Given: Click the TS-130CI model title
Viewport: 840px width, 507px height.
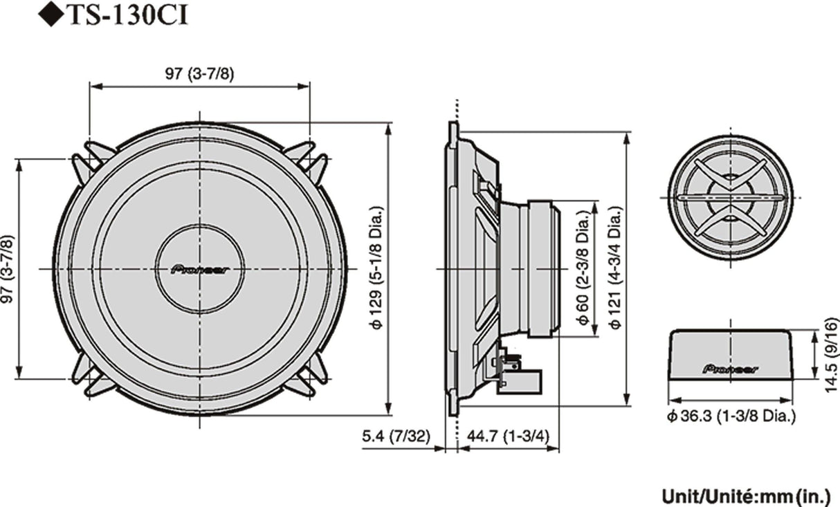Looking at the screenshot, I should point(117,15).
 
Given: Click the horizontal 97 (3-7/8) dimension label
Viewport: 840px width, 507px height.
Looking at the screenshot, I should point(199,74).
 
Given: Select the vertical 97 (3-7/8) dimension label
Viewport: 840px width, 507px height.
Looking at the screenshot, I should point(8,269).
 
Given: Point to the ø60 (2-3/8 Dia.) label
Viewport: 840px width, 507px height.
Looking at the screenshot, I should point(583,268).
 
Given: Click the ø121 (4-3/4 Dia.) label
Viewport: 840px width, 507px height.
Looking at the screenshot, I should point(614,268).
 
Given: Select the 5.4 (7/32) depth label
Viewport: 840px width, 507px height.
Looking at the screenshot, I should point(396,436).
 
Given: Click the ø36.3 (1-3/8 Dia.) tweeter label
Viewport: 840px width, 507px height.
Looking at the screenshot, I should point(731,416).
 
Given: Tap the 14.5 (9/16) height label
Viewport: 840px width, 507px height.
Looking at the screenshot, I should point(832,355).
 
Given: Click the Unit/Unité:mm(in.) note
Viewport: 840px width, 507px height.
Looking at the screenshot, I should point(746,496).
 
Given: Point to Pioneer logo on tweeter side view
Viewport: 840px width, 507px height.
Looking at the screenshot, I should point(731,369).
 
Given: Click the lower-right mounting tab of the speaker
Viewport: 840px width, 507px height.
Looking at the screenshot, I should point(311,377).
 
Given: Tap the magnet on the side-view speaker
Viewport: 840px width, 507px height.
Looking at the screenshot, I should point(542,268).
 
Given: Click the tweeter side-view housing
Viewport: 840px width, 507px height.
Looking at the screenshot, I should point(731,354).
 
